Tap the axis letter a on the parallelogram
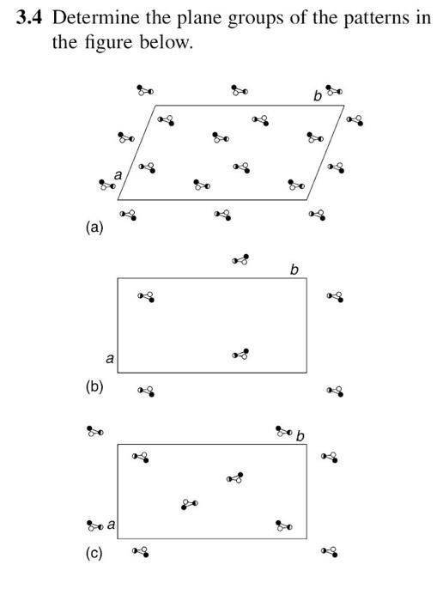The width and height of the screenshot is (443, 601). click(118, 175)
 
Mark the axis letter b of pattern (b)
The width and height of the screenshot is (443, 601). click(294, 270)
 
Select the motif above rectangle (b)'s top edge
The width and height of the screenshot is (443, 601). click(241, 258)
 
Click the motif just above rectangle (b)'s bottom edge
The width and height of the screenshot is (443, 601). click(241, 355)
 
